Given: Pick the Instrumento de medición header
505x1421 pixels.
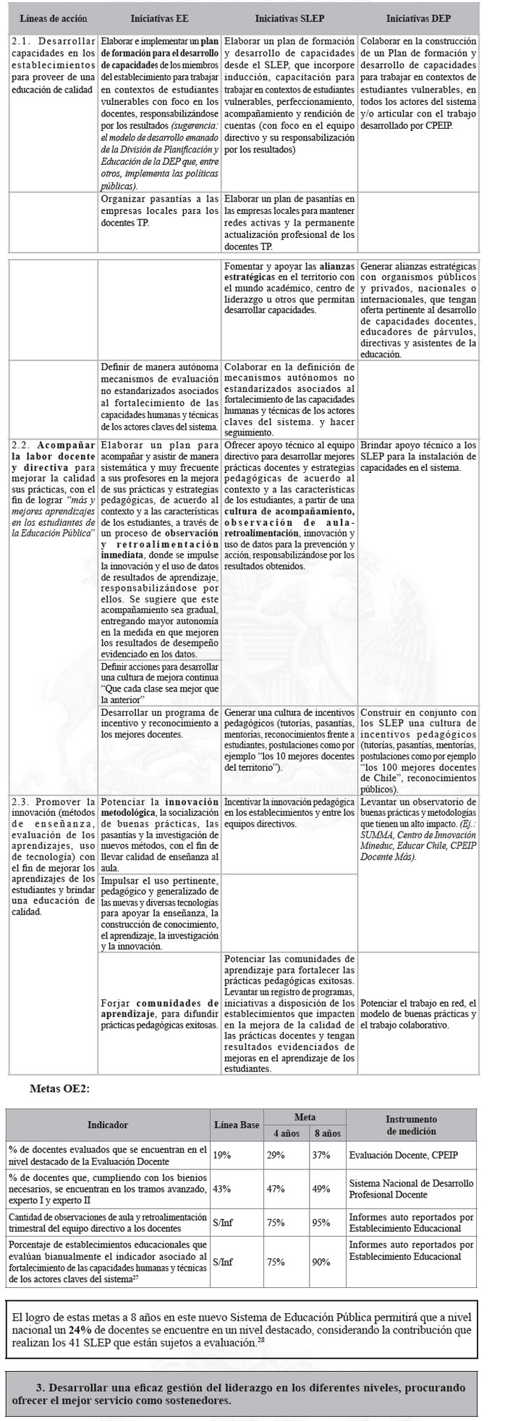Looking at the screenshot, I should (411, 1125).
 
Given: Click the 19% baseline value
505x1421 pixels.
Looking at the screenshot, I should (222, 1156).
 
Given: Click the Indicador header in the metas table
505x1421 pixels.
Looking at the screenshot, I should (108, 1125).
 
